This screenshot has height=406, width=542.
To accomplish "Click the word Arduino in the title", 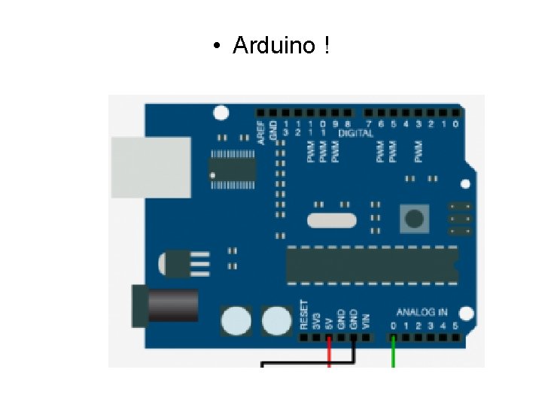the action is coord(274,46).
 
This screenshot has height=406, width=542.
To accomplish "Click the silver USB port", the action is coord(150,167).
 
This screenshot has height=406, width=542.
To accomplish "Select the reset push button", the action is coord(414,219).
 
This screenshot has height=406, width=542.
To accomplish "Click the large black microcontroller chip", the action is coord(372,265).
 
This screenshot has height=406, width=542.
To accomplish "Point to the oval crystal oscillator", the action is coord(332,220).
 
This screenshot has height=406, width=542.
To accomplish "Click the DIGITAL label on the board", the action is coord(356,133).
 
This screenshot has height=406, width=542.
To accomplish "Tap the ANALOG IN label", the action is coord(422,312).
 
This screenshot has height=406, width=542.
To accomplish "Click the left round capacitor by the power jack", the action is coord(236,321).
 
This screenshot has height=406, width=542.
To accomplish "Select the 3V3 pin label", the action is coord(317,320).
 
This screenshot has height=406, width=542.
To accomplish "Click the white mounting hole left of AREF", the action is coord(221,114).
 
